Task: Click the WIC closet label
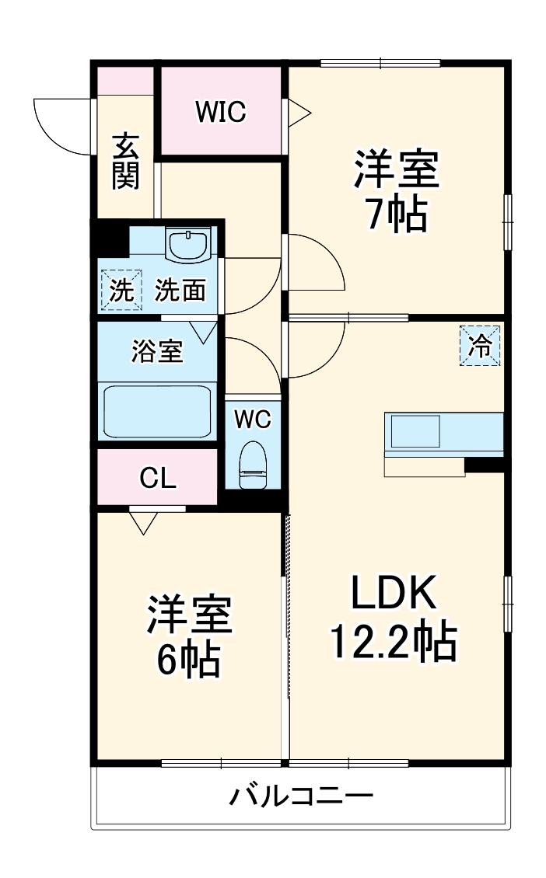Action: click(x=220, y=111)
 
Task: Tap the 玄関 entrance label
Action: click(x=125, y=162)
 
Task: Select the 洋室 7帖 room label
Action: click(x=397, y=190)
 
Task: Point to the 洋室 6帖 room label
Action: click(x=189, y=636)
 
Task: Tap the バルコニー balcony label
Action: click(x=301, y=795)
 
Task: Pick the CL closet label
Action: click(x=158, y=478)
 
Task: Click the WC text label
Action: click(x=253, y=418)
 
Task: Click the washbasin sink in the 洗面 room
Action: click(x=188, y=244)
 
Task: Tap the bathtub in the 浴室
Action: click(x=157, y=412)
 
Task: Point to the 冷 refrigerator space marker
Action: click(x=480, y=346)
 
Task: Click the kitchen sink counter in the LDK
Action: click(x=443, y=432)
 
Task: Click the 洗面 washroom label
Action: click(x=180, y=290)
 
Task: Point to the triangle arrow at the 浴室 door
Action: click(x=203, y=332)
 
